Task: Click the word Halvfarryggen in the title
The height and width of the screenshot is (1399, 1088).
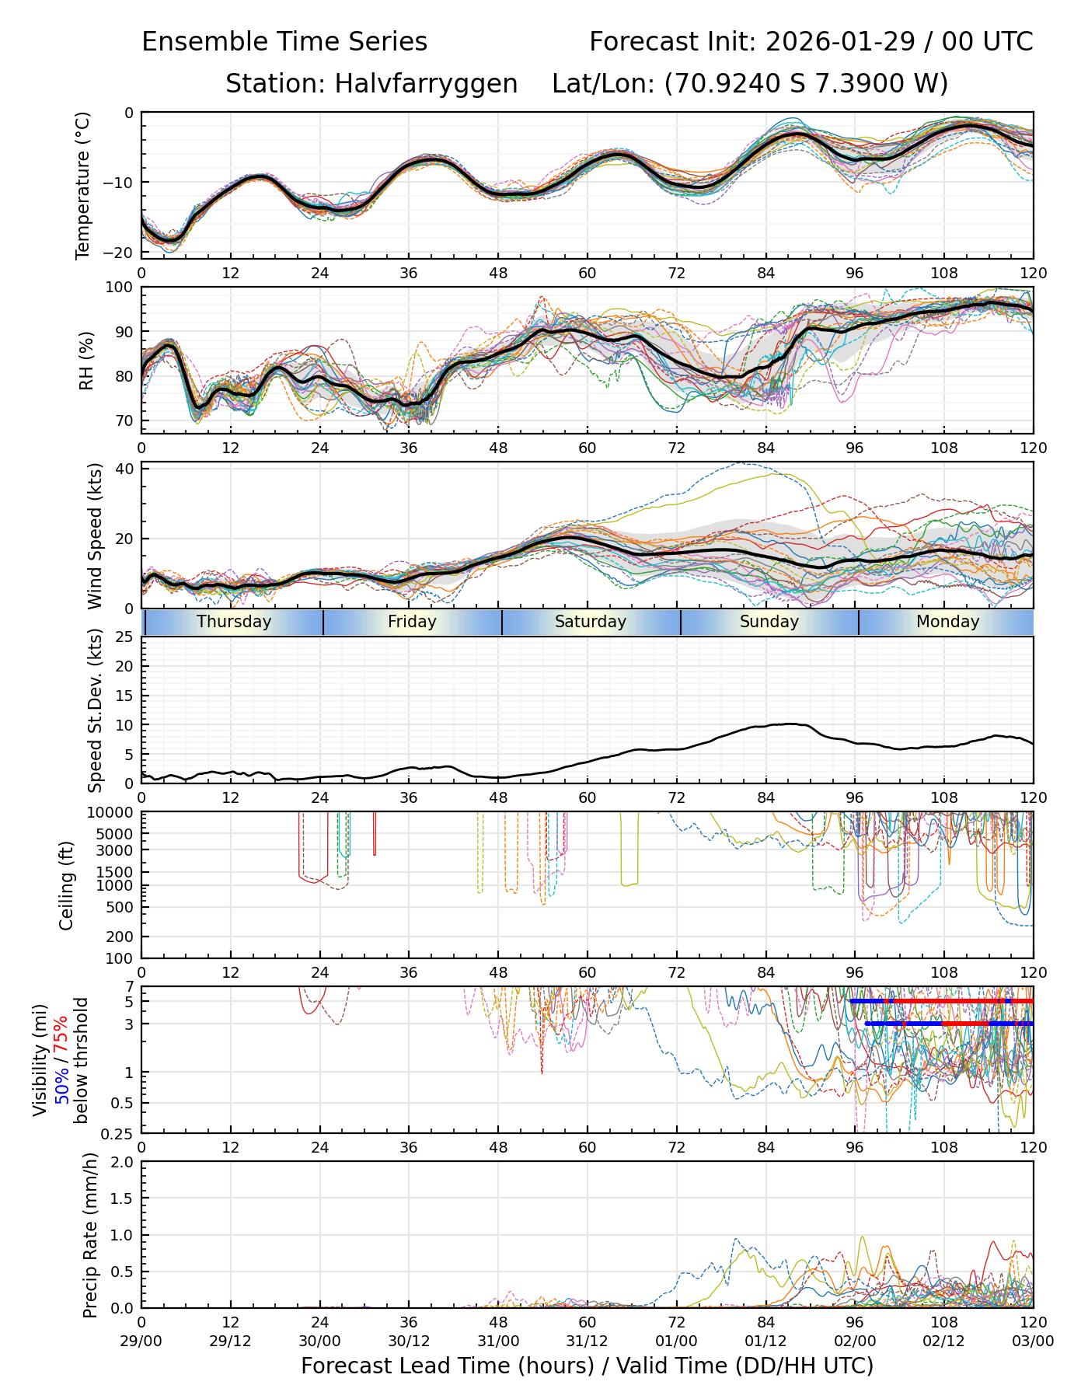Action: tap(426, 83)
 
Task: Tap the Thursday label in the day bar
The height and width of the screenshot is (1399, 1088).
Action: tap(234, 622)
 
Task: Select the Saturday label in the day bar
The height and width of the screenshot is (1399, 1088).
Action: tap(591, 622)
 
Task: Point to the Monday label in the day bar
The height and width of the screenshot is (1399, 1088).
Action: tap(947, 622)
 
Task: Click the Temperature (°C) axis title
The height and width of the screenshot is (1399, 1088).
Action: tap(83, 185)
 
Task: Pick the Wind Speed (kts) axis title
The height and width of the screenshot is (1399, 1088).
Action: tap(95, 536)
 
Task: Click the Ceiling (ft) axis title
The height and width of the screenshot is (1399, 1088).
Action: tap(67, 885)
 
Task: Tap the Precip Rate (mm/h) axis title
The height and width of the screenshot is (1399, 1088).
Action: tap(90, 1235)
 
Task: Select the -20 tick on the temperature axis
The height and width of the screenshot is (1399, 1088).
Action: tap(124, 253)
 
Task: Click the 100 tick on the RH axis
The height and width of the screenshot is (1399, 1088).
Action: tap(120, 288)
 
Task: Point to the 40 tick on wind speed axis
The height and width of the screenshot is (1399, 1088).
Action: tap(125, 469)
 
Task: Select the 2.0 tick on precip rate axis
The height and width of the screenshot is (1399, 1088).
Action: tap(121, 1162)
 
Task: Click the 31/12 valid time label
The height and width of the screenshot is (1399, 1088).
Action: tap(588, 1341)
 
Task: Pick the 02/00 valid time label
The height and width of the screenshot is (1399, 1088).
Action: tap(855, 1341)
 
